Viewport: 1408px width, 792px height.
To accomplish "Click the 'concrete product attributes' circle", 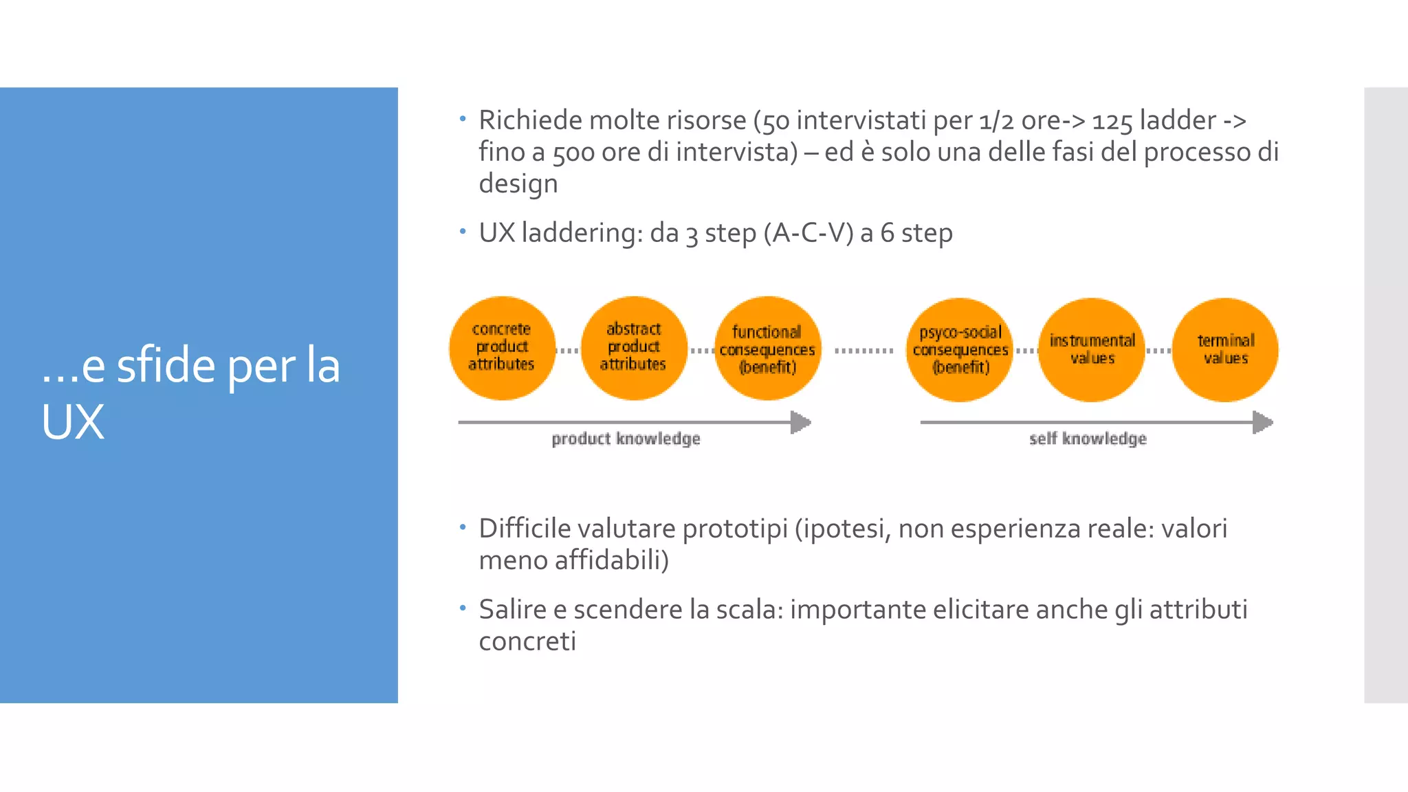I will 502,348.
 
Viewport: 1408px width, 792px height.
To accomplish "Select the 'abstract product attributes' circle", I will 634,348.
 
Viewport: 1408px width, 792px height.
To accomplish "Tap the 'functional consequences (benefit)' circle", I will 767,349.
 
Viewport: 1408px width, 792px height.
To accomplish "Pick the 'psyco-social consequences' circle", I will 960,350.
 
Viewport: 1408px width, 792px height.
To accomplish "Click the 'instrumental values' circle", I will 1092,350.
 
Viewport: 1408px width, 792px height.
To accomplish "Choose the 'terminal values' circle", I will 1225,350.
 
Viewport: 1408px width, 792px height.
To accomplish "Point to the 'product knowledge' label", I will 626,439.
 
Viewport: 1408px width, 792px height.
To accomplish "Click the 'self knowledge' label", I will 1088,439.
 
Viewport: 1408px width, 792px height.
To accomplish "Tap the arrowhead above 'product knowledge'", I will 801,422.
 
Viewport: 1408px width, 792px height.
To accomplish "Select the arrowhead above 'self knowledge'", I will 1263,422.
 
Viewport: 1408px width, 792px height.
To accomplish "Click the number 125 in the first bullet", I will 1112,121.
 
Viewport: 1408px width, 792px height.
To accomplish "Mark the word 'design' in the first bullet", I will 518,184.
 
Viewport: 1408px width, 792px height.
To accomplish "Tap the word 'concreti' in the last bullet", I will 527,641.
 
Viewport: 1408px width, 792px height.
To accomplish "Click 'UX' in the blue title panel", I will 73,421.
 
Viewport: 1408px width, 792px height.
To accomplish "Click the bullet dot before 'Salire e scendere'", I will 463,608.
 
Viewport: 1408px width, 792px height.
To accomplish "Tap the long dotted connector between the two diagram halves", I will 863,351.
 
